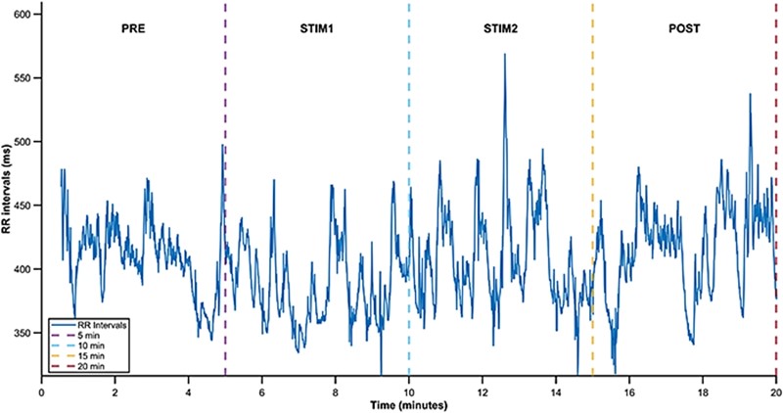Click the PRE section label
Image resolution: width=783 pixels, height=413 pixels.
(x=133, y=30)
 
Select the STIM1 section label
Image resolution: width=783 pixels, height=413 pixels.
(x=316, y=30)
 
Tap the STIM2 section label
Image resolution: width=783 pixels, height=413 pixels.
(x=500, y=30)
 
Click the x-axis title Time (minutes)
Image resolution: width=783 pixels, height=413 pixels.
(x=409, y=404)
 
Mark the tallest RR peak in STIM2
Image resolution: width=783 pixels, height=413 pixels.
(x=505, y=55)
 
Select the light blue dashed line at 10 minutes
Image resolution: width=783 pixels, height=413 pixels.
(x=409, y=117)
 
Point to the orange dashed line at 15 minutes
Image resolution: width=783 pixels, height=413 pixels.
(x=593, y=117)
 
